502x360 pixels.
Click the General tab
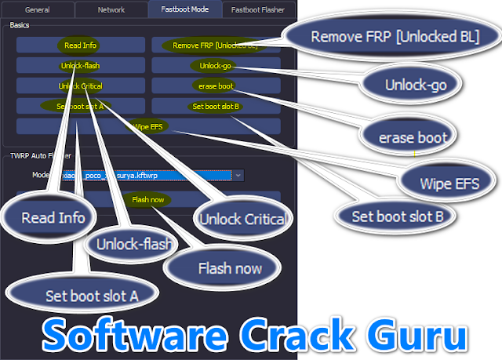(x=37, y=10)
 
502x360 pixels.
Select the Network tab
(x=111, y=10)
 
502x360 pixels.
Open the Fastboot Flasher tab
(x=258, y=10)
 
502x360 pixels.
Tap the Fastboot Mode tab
(x=184, y=10)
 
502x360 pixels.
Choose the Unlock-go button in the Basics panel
(x=215, y=66)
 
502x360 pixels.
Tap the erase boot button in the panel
(x=215, y=85)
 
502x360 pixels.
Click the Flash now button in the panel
(x=147, y=200)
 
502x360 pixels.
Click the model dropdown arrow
(x=238, y=176)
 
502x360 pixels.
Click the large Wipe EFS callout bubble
(x=449, y=183)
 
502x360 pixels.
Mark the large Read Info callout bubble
(x=53, y=217)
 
